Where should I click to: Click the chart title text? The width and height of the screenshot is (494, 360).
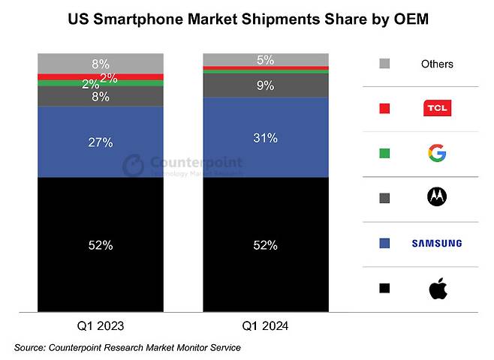[x=247, y=17]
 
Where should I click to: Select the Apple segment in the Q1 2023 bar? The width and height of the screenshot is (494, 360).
[x=101, y=244]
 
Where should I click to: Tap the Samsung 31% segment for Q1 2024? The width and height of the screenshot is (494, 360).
[x=266, y=138]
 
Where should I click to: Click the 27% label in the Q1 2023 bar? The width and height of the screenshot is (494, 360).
[x=101, y=142]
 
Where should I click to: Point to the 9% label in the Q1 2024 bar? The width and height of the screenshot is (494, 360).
[x=266, y=85]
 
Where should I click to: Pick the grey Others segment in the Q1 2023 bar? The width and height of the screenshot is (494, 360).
[x=101, y=63]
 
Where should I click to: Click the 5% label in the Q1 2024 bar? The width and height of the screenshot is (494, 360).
[x=266, y=59]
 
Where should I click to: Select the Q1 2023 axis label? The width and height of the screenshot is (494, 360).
[x=101, y=326]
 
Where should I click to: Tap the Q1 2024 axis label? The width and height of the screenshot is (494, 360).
[x=266, y=326]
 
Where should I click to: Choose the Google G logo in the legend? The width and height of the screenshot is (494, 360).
[x=437, y=154]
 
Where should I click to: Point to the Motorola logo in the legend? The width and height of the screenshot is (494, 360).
[x=437, y=198]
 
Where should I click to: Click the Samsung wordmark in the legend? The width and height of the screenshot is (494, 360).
[x=437, y=243]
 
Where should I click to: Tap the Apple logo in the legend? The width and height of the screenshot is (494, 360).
[x=437, y=287]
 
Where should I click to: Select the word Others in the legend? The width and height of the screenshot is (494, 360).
[x=437, y=64]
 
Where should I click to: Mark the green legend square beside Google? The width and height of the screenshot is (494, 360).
[x=385, y=154]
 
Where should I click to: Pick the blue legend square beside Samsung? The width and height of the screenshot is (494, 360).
[x=385, y=243]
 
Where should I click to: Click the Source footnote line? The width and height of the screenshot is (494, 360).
[x=128, y=348]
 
